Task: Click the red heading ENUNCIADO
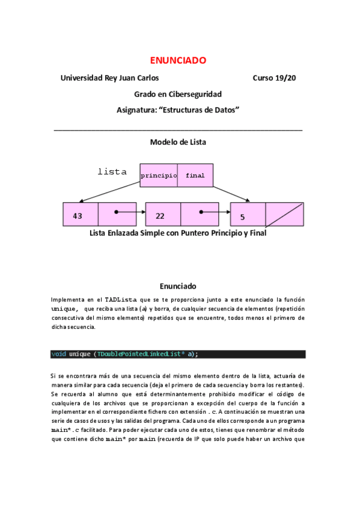coord(178,60)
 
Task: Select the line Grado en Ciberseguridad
coord(178,94)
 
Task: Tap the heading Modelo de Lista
coord(178,142)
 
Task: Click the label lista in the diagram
coord(112,172)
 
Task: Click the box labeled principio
coord(159,176)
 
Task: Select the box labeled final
coord(195,176)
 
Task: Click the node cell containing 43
coord(80,215)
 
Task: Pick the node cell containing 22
coord(163,215)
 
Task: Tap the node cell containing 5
coord(248,215)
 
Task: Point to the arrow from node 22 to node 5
coord(215,212)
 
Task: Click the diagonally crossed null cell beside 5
coord(284,215)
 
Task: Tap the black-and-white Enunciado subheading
coord(178,286)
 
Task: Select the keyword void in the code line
coord(59,354)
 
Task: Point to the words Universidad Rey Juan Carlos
coord(110,78)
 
